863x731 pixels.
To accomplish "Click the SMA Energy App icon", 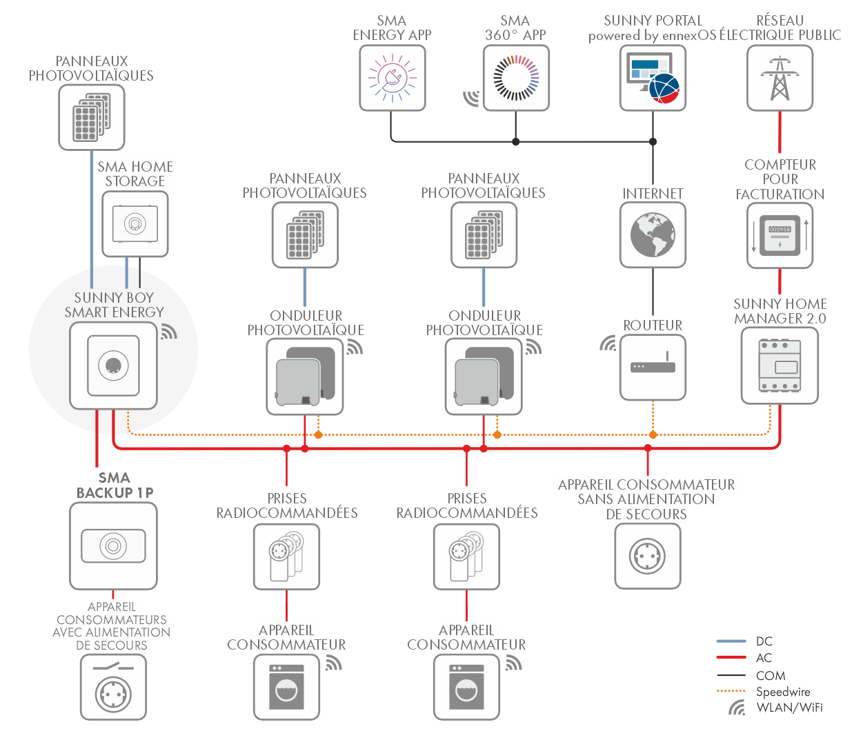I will pyautogui.click(x=392, y=78).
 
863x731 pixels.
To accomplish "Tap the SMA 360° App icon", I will pyautogui.click(x=516, y=78).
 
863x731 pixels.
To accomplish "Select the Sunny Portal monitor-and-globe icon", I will pyautogui.click(x=653, y=78).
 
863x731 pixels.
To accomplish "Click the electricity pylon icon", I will pyautogui.click(x=780, y=78).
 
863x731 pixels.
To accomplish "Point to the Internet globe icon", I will pyautogui.click(x=653, y=234).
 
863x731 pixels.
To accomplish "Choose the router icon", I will pyautogui.click(x=653, y=367).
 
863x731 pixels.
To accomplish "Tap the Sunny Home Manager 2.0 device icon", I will pyautogui.click(x=780, y=365).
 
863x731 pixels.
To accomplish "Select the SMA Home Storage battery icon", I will pyautogui.click(x=135, y=224).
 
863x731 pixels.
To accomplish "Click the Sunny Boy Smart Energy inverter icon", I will pyautogui.click(x=113, y=365).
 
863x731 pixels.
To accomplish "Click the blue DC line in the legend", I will pyautogui.click(x=731, y=641).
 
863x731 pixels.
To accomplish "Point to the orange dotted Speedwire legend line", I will pyautogui.click(x=731, y=691).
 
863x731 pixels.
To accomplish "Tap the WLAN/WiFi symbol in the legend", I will pyautogui.click(x=737, y=708).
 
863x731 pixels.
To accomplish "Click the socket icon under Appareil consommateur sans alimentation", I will pyautogui.click(x=647, y=556).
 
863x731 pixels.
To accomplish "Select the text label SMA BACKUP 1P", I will pyautogui.click(x=115, y=485).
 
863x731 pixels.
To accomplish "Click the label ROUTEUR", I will pyautogui.click(x=653, y=325).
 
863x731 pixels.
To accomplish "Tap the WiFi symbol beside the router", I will pyautogui.click(x=608, y=343).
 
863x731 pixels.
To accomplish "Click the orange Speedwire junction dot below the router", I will pyautogui.click(x=653, y=434).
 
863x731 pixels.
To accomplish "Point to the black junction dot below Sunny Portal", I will pyautogui.click(x=653, y=141).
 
